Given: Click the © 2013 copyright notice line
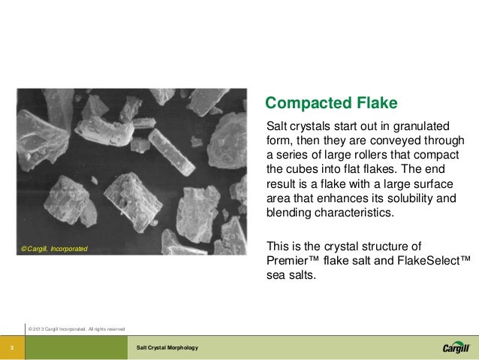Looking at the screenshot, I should click(x=76, y=328).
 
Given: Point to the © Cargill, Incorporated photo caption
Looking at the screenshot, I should click(x=54, y=248).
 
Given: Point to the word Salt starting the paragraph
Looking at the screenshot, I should click(x=277, y=124).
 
